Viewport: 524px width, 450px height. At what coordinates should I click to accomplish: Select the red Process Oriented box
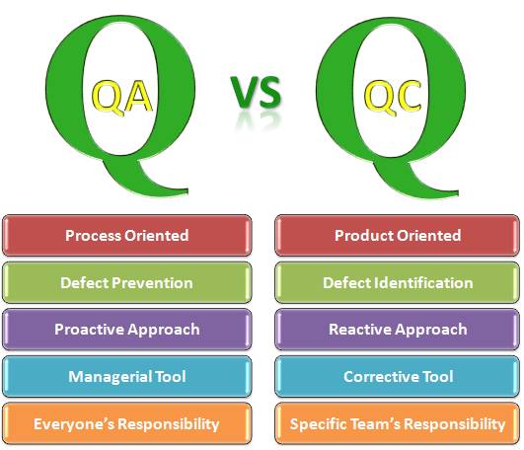click(126, 235)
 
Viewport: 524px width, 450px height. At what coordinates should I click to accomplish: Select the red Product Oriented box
click(397, 235)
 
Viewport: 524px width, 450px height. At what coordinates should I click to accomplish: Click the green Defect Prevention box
click(126, 282)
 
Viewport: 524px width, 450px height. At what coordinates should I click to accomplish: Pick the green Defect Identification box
click(397, 282)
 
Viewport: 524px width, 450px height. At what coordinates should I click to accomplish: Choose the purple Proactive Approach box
click(126, 330)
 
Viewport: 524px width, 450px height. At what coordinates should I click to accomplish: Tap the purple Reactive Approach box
click(397, 330)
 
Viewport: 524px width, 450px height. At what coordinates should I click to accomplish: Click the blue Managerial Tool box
click(126, 377)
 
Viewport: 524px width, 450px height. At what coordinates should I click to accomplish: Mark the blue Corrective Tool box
click(397, 377)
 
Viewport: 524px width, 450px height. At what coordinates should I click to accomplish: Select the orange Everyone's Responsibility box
click(126, 424)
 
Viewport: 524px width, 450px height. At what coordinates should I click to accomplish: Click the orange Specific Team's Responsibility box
click(397, 424)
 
